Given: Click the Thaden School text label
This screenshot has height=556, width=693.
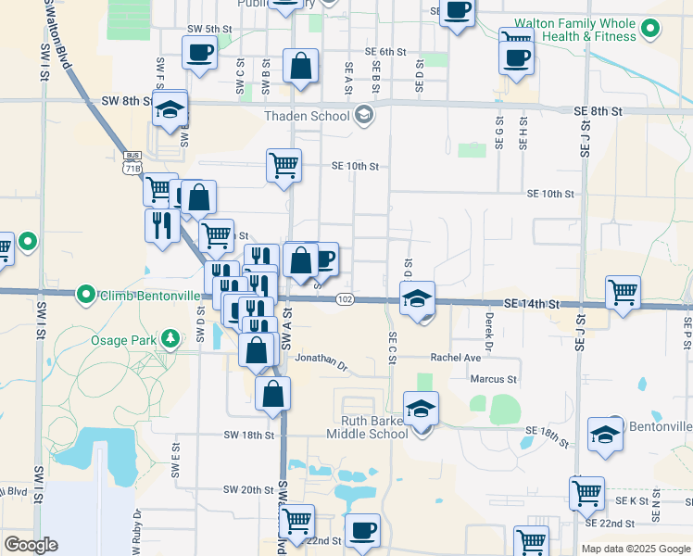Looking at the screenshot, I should coord(307,116).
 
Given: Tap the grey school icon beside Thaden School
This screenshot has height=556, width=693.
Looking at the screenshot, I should coord(363,115).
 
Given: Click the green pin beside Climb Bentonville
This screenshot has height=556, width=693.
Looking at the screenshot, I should coord(86,296).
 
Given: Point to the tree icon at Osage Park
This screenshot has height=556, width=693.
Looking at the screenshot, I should coord(170,339).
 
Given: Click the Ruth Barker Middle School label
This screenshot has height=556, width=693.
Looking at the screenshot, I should coord(369,427).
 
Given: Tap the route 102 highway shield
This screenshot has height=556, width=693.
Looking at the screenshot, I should coord(345,299).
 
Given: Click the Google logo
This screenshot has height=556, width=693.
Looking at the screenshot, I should coord(31,545).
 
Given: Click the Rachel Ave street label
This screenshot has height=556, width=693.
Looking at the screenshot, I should coord(455,358).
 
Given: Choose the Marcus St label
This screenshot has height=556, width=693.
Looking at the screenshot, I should coord(492,379).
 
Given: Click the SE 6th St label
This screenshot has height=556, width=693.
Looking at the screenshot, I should coord(386,52).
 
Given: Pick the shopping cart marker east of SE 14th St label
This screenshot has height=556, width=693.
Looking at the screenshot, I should coord(624,292).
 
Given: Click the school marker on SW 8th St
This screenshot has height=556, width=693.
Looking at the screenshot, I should coord(170,108).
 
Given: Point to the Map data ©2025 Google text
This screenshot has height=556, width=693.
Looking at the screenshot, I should coord(636,549).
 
